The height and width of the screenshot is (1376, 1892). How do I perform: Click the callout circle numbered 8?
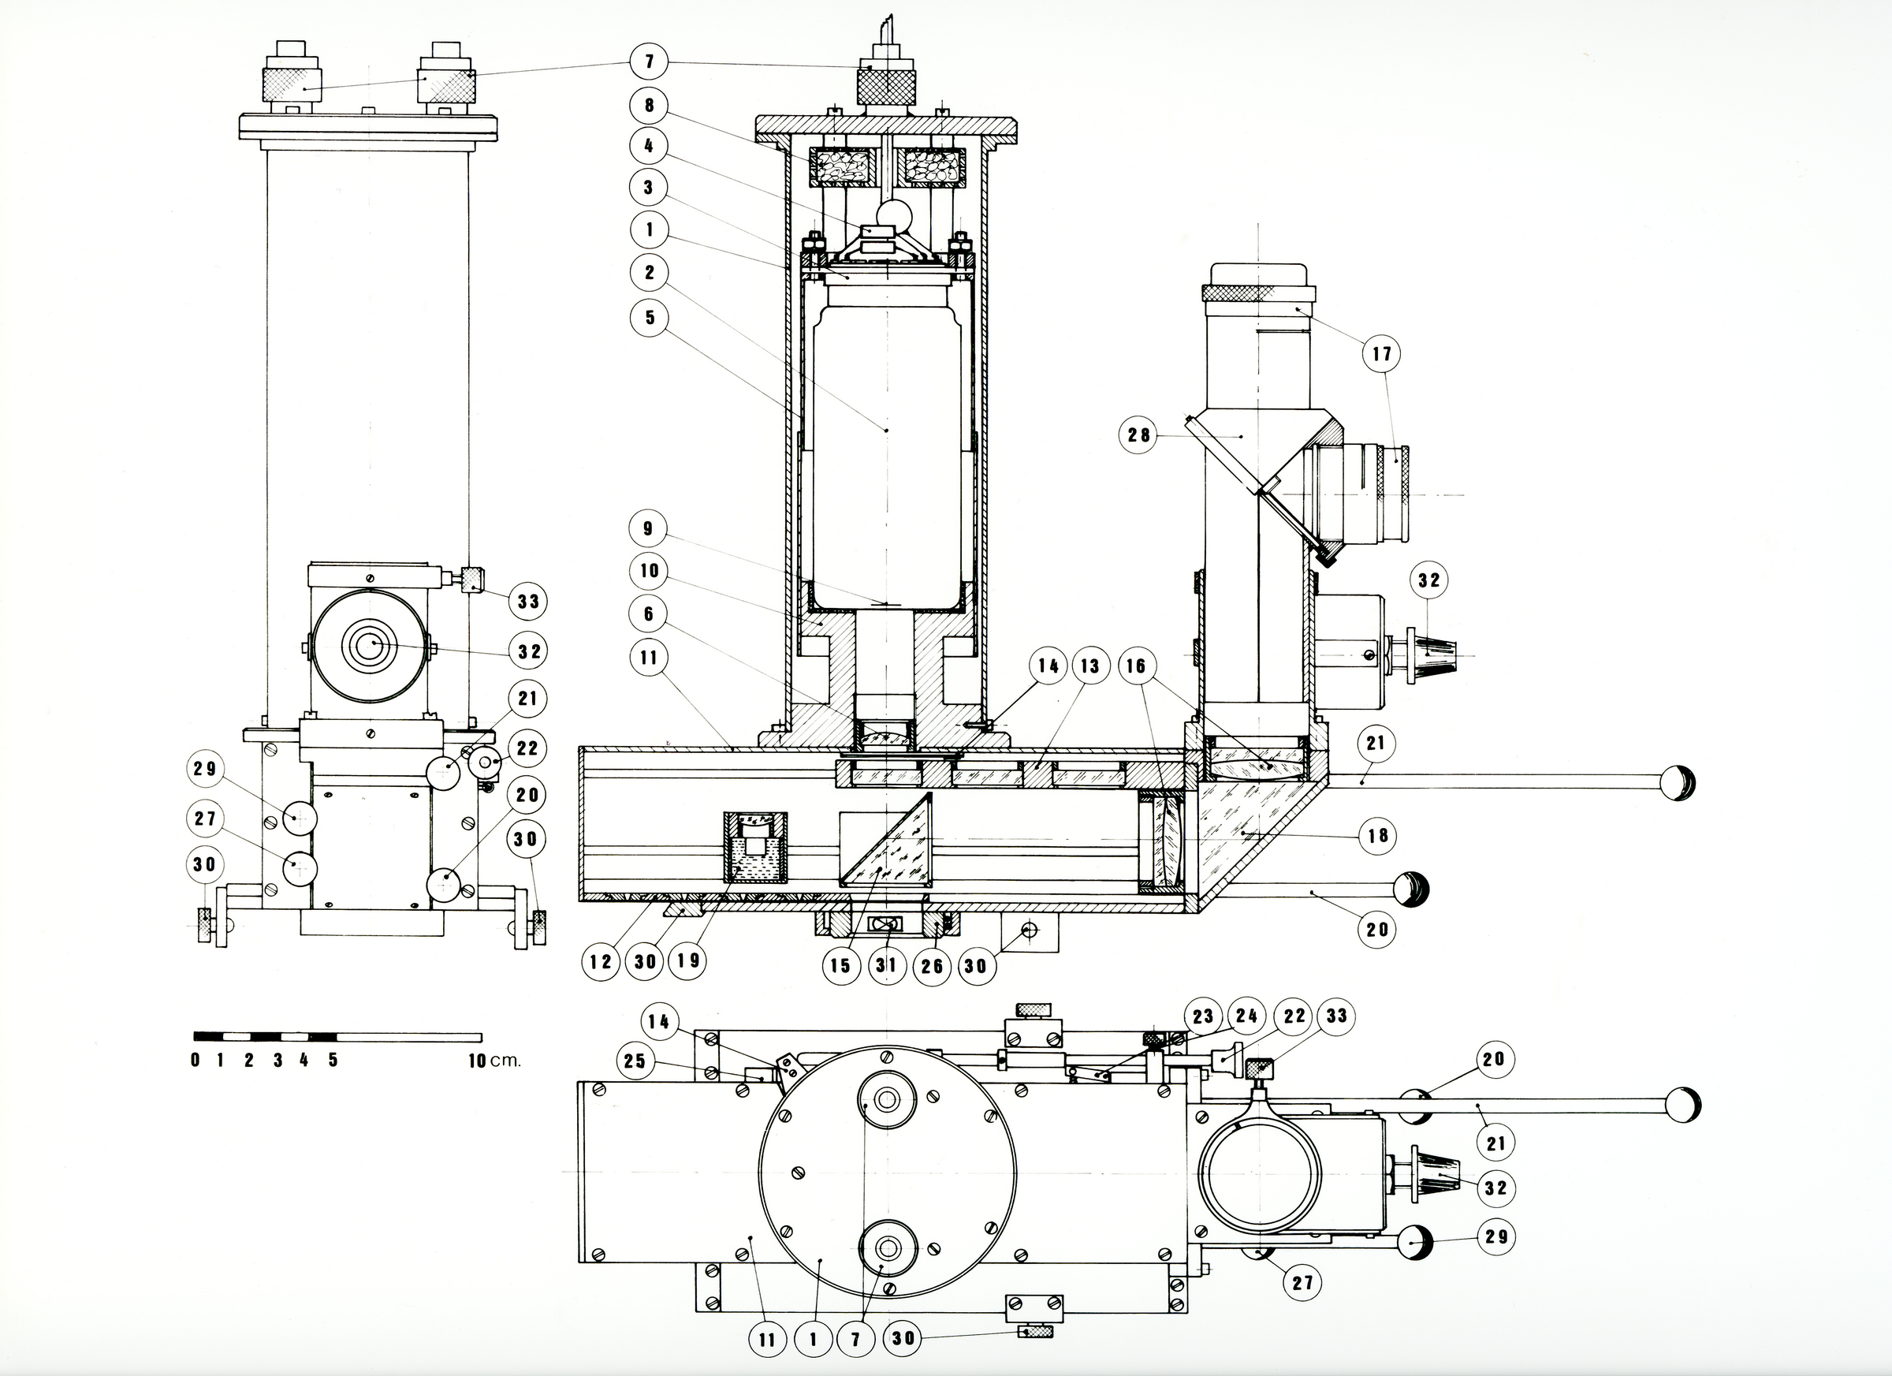click(x=649, y=105)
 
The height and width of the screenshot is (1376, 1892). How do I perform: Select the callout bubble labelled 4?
click(x=649, y=146)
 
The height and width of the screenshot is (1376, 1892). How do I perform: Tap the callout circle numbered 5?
click(x=650, y=317)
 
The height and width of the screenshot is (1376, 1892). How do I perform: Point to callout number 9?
click(x=648, y=528)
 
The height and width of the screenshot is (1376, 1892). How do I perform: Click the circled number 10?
click(x=649, y=571)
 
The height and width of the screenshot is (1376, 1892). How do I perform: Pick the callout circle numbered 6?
click(x=649, y=615)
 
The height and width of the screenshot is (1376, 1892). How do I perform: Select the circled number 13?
click(x=1089, y=666)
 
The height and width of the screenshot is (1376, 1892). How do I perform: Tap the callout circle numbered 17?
click(x=1382, y=354)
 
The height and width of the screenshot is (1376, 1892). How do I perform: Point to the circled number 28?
click(x=1138, y=434)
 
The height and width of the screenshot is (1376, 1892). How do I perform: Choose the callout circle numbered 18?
click(x=1377, y=834)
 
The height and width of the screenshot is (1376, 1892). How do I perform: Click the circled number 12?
click(x=601, y=961)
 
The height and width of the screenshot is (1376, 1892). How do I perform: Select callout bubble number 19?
click(x=687, y=961)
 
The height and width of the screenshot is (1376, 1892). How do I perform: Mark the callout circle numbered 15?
click(x=840, y=965)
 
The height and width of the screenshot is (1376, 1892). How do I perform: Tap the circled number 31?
click(x=886, y=965)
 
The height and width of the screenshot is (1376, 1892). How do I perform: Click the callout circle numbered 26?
click(x=932, y=965)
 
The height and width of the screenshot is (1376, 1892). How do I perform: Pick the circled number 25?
click(x=635, y=1061)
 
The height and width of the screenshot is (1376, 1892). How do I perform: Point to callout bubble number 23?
click(x=1202, y=1016)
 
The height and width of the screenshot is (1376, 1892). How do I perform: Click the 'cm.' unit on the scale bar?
click(x=505, y=1061)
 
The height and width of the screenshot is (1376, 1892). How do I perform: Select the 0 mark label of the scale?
click(x=196, y=1061)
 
